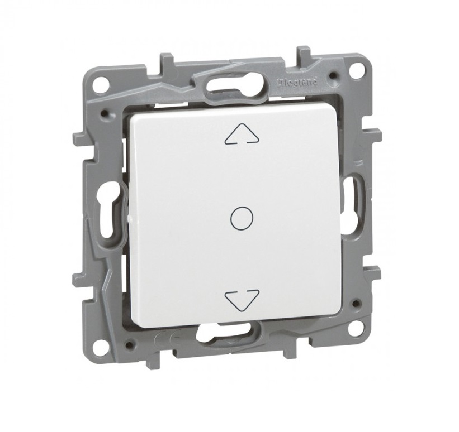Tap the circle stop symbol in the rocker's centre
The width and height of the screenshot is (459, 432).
pos(242,218)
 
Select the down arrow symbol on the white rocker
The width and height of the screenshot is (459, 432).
pos(242,300)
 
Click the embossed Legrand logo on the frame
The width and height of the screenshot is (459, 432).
pos(297,82)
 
